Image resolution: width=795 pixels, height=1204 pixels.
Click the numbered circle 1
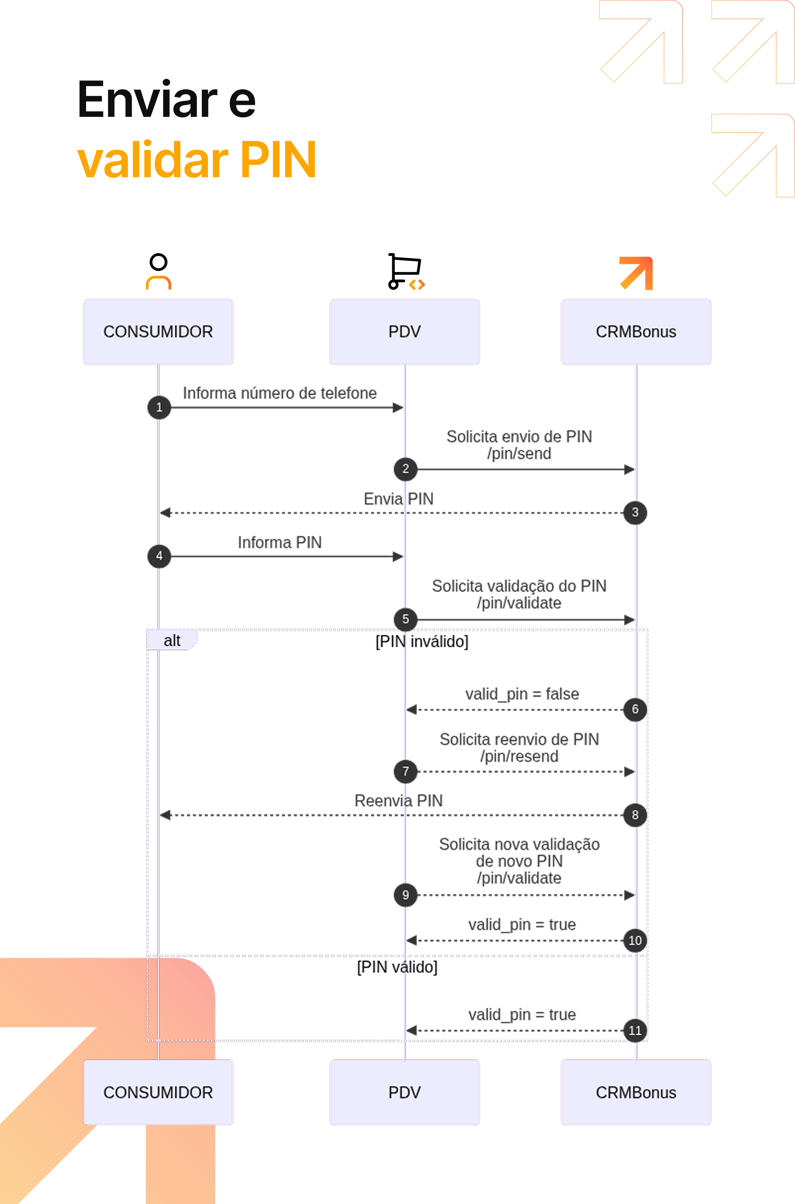click(159, 407)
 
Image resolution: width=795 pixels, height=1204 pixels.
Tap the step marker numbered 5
click(405, 619)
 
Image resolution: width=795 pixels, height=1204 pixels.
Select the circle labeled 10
click(635, 940)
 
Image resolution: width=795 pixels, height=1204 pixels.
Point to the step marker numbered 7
click(405, 772)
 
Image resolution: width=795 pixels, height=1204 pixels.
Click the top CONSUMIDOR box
click(158, 331)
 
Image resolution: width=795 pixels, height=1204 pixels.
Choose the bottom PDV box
click(405, 1092)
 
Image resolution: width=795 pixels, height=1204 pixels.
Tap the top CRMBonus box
click(636, 331)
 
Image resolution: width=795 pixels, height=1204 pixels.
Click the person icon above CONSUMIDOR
click(159, 271)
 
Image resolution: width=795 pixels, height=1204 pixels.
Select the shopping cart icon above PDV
click(405, 271)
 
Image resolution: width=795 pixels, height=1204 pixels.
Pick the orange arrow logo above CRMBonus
click(636, 273)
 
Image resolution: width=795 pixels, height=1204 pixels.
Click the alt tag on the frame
click(172, 640)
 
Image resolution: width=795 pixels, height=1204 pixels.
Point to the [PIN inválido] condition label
click(422, 642)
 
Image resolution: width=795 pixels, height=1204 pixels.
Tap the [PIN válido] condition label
click(397, 967)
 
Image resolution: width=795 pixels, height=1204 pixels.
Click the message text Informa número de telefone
click(280, 393)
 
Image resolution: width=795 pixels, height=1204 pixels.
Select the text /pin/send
click(519, 454)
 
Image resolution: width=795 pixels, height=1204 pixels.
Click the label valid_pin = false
click(522, 694)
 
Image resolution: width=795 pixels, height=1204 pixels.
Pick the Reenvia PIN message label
click(398, 800)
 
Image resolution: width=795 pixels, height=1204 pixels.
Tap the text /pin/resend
click(519, 756)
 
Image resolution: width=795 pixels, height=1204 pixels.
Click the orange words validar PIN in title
click(197, 160)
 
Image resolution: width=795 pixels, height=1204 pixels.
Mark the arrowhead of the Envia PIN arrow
click(165, 513)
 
